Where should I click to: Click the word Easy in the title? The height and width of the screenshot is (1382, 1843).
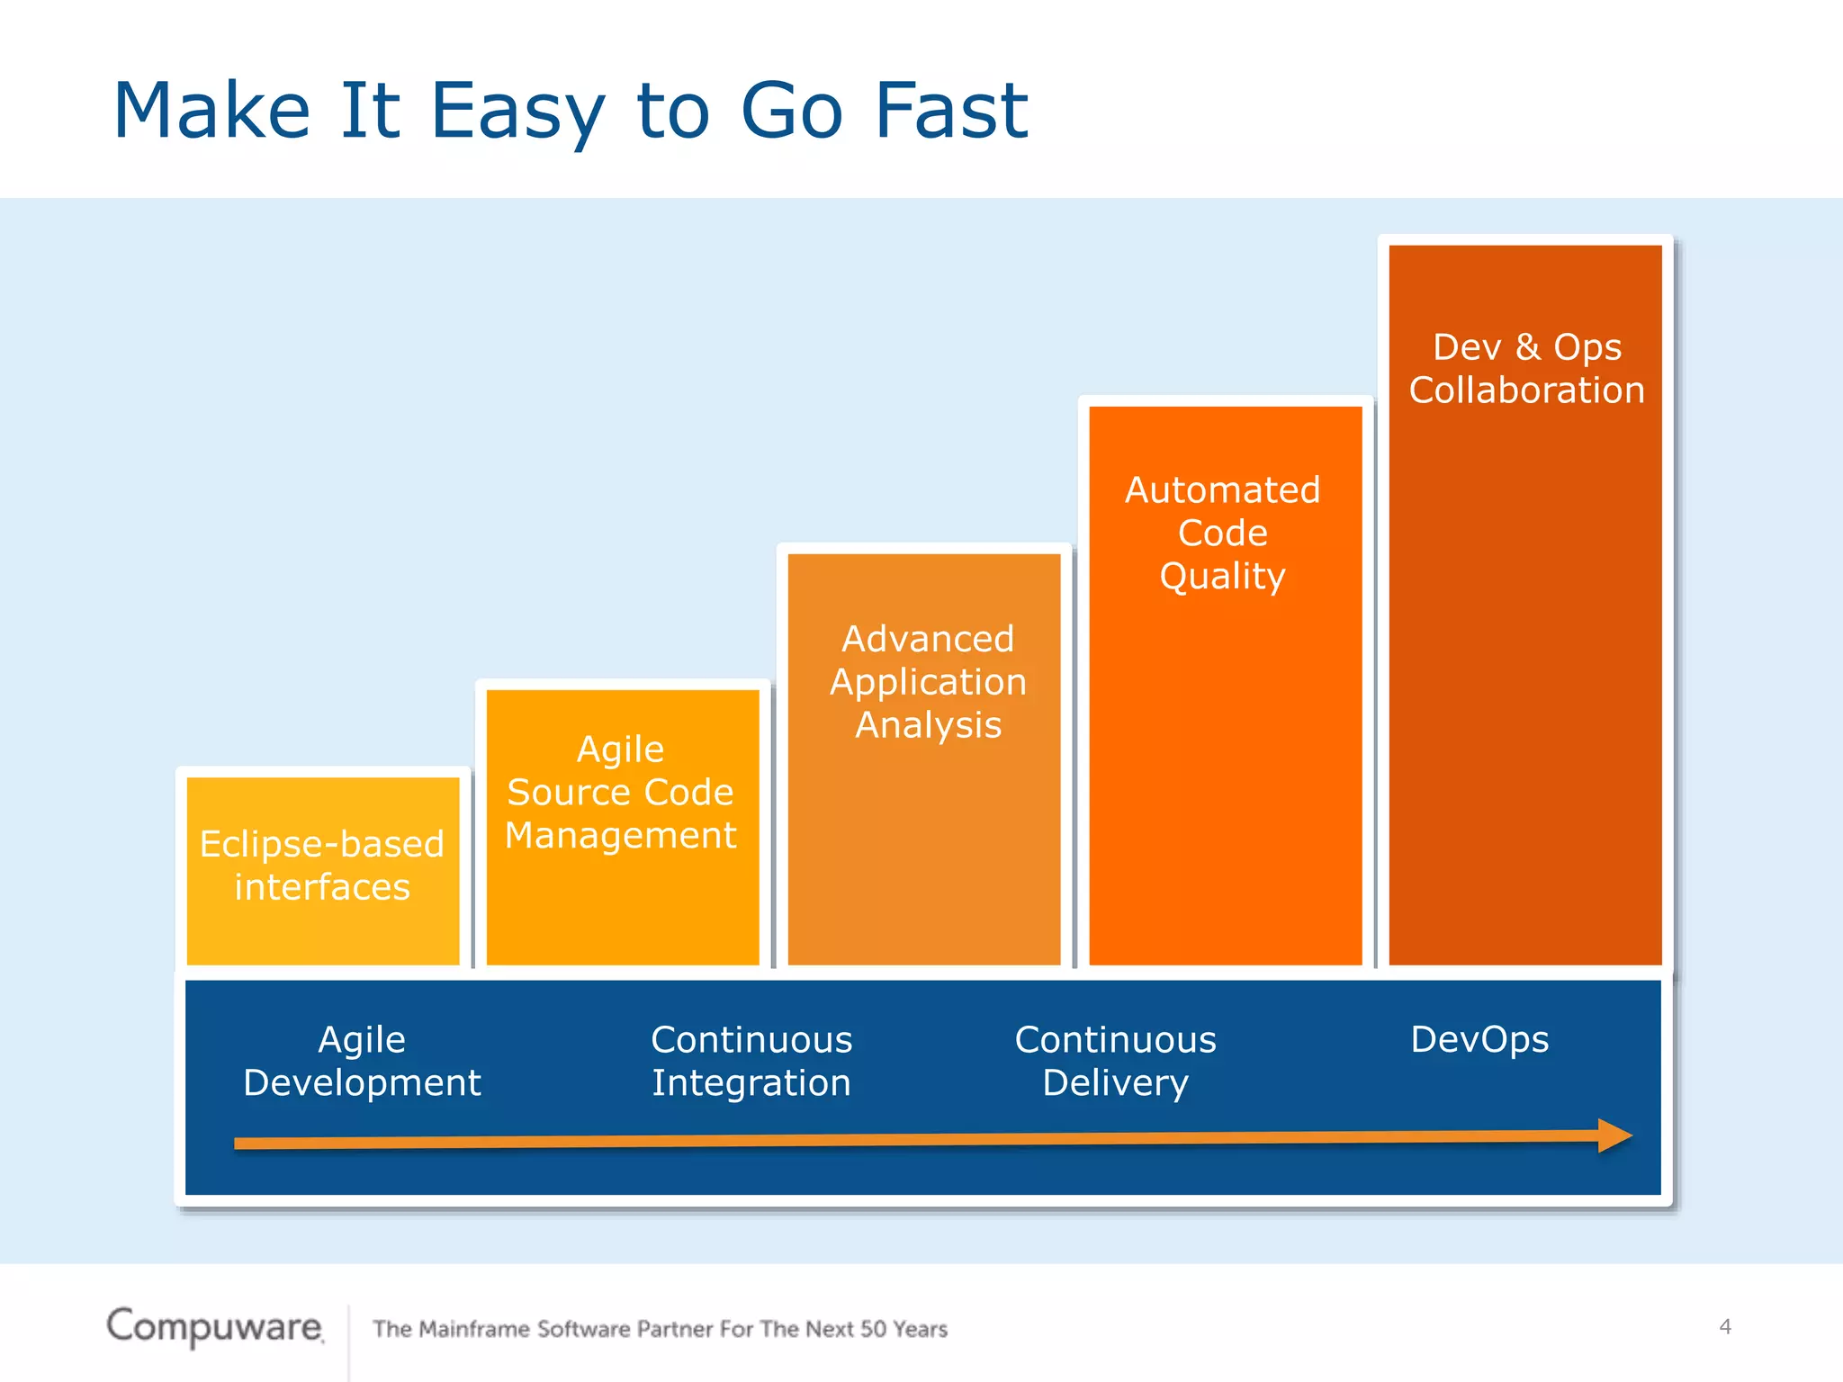[x=517, y=112]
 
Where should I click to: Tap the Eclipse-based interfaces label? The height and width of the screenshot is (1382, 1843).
[x=322, y=866]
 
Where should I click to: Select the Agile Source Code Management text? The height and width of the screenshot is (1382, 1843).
[x=621, y=793]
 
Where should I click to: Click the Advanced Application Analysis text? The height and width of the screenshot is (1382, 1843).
[x=928, y=682]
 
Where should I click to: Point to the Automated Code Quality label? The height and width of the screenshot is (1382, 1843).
[x=1223, y=533]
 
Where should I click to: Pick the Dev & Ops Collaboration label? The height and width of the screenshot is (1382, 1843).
[x=1527, y=369]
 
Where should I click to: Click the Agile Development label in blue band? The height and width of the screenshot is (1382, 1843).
[x=362, y=1061]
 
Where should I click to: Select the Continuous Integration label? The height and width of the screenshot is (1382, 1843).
[x=751, y=1061]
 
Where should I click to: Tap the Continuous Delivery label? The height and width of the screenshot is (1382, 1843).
[x=1116, y=1061]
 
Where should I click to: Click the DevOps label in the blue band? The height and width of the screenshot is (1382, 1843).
[x=1479, y=1039]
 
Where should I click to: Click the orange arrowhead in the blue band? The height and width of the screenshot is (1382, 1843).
[x=1614, y=1135]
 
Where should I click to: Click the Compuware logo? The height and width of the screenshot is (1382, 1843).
[x=214, y=1326]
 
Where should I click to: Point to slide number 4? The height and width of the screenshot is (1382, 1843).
[x=1725, y=1326]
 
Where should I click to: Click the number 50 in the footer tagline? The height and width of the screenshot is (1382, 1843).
[x=873, y=1329]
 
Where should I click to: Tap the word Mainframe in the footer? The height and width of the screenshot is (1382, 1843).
[x=474, y=1329]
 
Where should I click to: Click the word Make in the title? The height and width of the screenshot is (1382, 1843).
[x=212, y=111]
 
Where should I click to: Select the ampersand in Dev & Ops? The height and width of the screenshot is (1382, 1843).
[x=1528, y=347]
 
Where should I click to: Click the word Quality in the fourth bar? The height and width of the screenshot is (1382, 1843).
[x=1222, y=576]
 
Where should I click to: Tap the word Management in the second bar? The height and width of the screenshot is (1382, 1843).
[x=621, y=836]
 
